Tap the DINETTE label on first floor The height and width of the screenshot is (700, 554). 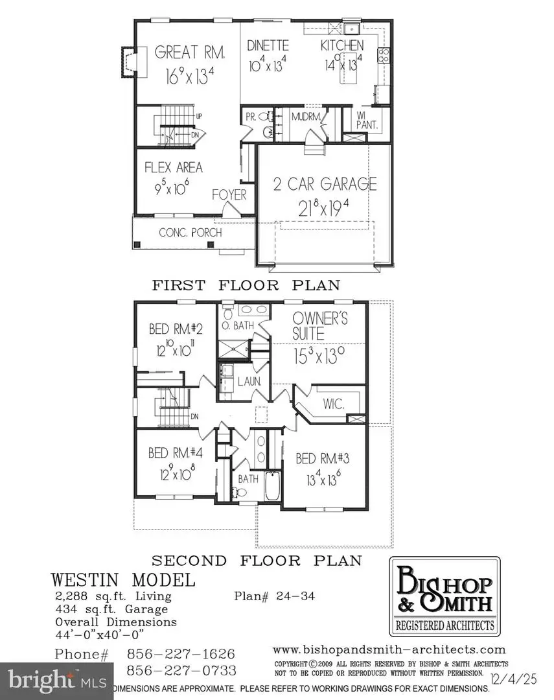(268, 47)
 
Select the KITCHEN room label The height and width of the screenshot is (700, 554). (342, 47)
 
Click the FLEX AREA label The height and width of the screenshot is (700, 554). (173, 168)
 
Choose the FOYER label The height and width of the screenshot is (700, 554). (229, 194)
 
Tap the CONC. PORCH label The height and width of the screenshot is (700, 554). (191, 233)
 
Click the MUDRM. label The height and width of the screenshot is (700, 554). (305, 118)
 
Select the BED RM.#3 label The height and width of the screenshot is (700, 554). (323, 460)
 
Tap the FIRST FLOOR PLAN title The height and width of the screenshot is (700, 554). (246, 285)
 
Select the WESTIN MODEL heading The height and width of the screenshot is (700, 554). (122, 579)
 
